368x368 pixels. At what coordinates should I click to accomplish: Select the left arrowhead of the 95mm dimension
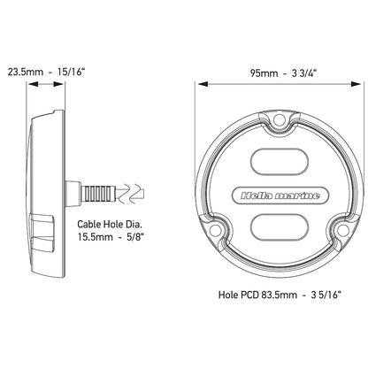click(x=200, y=85)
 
